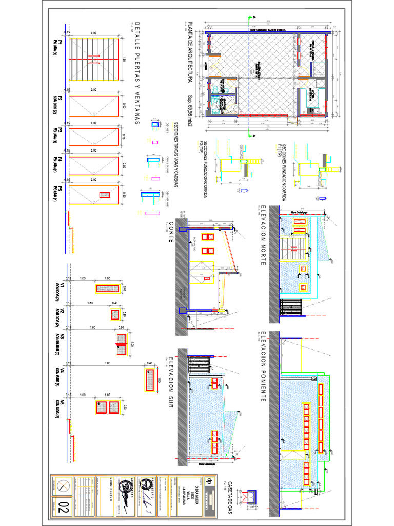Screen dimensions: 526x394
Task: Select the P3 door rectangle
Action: (94, 137)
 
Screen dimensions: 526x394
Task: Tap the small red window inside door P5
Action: (105, 195)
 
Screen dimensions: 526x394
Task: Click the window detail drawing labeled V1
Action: (107, 288)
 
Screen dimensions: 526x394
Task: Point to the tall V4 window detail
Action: (149, 381)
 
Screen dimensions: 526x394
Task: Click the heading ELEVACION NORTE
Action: (263, 236)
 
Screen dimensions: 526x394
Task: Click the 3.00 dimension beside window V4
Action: (107, 363)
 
